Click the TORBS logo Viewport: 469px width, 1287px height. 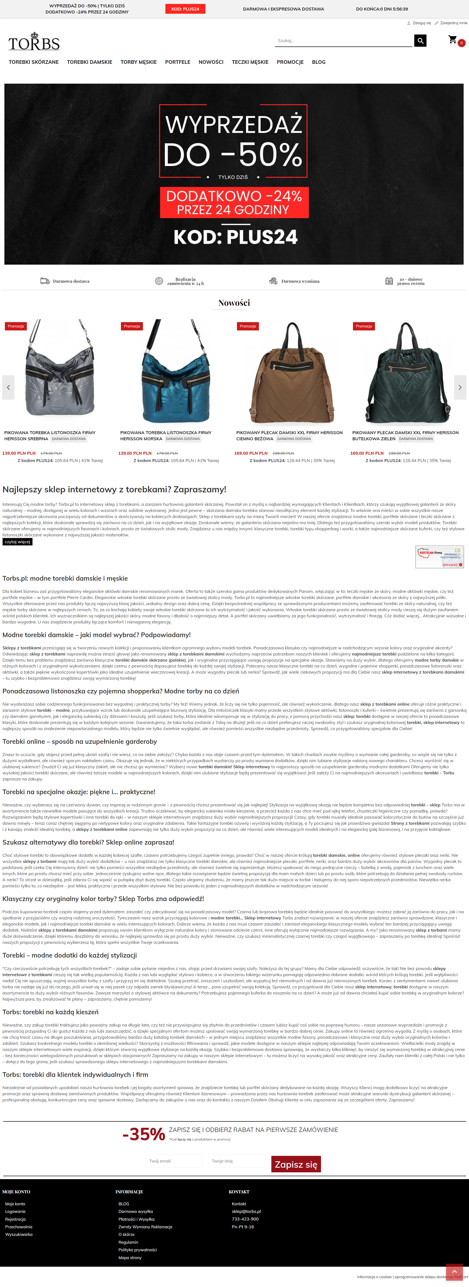pyautogui.click(x=34, y=42)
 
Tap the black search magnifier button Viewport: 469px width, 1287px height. pyautogui.click(x=420, y=40)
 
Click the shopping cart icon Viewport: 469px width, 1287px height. pyautogui.click(x=453, y=39)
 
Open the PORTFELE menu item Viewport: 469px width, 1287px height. pyautogui.click(x=178, y=62)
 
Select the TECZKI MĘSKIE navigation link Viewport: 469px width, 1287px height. pyautogui.click(x=250, y=62)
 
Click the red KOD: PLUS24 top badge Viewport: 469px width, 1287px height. pyautogui.click(x=185, y=9)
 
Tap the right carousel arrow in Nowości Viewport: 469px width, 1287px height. pyautogui.click(x=460, y=387)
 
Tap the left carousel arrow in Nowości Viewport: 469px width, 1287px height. pyautogui.click(x=9, y=387)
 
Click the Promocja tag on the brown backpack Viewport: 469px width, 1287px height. pyautogui.click(x=248, y=326)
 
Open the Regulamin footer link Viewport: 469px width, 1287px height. pyautogui.click(x=128, y=1242)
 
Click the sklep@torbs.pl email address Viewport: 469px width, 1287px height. pyautogui.click(x=246, y=1211)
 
